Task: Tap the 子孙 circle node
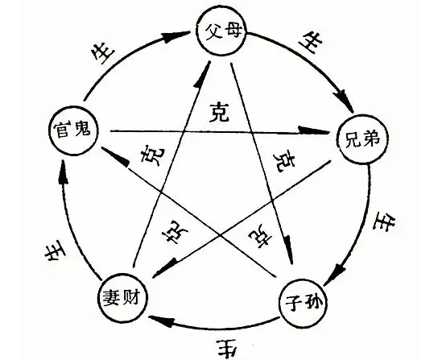point(307,303)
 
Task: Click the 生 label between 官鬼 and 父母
point(102,52)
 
